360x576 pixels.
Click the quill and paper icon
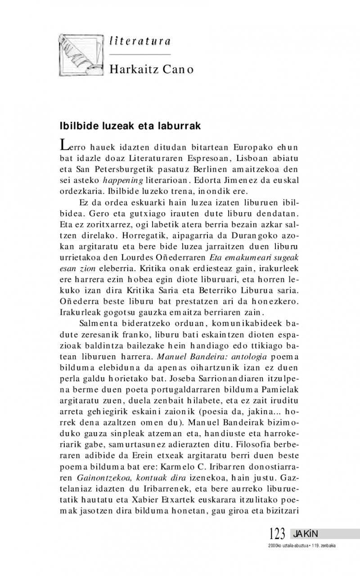tap(81, 54)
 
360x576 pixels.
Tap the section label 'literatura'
tap(139, 41)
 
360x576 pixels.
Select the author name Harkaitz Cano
tap(151, 70)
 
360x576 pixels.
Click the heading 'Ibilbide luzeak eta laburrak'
tap(130, 126)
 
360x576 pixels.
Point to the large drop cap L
tap(65, 144)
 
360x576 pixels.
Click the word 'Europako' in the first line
tap(252, 147)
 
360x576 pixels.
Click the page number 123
tap(278, 534)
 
